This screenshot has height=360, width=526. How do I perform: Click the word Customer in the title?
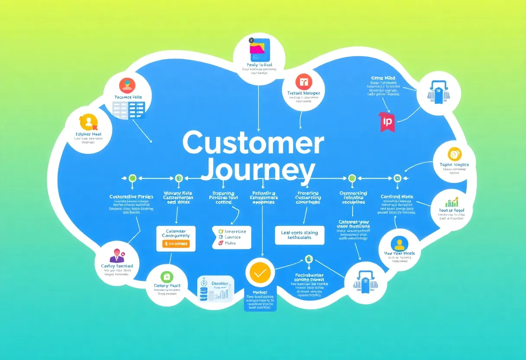[x=253, y=143]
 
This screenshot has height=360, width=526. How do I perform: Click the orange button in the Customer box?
[x=176, y=244]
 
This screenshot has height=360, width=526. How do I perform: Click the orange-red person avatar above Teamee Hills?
[x=127, y=85]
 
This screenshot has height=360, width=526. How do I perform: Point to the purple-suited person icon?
[x=116, y=256]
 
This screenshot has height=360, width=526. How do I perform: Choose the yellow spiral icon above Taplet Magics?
[x=455, y=154]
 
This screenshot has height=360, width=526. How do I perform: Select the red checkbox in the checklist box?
[x=221, y=243]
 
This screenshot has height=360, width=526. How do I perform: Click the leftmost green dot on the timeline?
[x=132, y=178]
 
